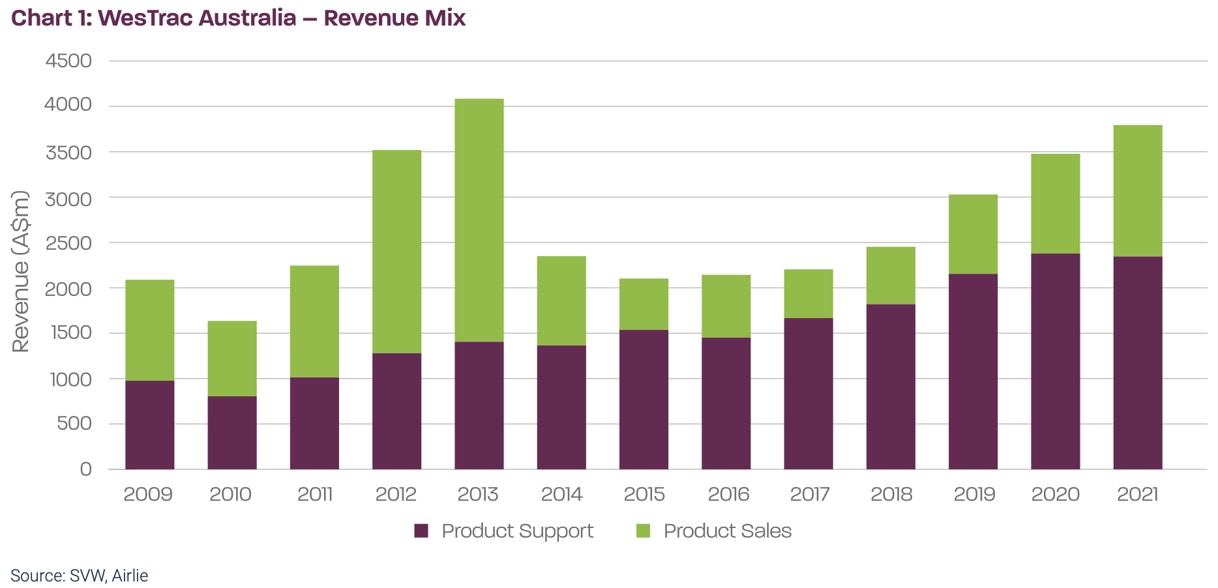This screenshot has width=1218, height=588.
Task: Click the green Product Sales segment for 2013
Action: pos(479,220)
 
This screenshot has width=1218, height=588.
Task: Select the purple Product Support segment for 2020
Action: pos(1055,361)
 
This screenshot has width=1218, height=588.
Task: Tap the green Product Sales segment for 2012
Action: pos(396,252)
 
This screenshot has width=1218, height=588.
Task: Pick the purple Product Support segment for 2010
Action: pos(232,432)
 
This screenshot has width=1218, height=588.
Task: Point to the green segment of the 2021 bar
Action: pos(1138,191)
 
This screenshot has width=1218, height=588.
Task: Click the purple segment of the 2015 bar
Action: pos(644,399)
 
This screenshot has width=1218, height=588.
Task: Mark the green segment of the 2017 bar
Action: pos(809,294)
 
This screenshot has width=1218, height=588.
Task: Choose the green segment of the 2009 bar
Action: pos(150,331)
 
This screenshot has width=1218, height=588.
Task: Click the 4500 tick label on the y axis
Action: pos(68,61)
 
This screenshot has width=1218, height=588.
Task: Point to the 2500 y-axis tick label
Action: pos(68,243)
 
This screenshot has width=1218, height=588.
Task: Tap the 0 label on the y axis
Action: pos(85,469)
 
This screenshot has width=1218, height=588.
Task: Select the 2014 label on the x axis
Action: pos(561,494)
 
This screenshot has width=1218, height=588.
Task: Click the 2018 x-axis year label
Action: pos(891,494)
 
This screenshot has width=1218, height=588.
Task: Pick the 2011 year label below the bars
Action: pos(315,494)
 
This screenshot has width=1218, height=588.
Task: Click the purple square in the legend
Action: pos(421,531)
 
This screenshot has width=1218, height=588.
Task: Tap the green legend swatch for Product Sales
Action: pos(644,531)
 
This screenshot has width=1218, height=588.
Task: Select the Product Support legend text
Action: pos(517,531)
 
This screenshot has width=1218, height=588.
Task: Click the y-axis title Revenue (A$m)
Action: pos(21,271)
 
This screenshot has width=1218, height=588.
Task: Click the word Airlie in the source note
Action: pos(130,576)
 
